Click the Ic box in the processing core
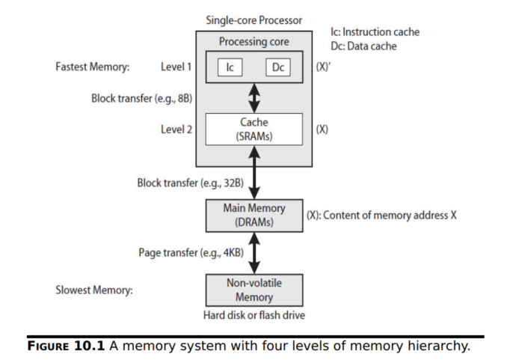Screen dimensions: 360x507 pyautogui.click(x=230, y=67)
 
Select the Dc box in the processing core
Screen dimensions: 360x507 pyautogui.click(x=277, y=67)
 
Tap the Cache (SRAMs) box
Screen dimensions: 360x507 pyautogui.click(x=254, y=129)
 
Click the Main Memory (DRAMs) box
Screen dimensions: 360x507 pyautogui.click(x=254, y=215)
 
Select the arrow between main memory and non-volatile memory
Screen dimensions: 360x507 pyautogui.click(x=254, y=252)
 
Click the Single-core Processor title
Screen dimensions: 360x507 pyautogui.click(x=254, y=20)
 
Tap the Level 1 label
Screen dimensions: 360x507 pyautogui.click(x=176, y=67)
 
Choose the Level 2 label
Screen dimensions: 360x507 pyautogui.click(x=176, y=129)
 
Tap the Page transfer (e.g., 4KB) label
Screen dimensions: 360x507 pyautogui.click(x=191, y=253)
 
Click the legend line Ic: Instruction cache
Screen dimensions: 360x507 pyautogui.click(x=375, y=32)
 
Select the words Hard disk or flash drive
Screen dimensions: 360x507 pyautogui.click(x=254, y=315)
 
